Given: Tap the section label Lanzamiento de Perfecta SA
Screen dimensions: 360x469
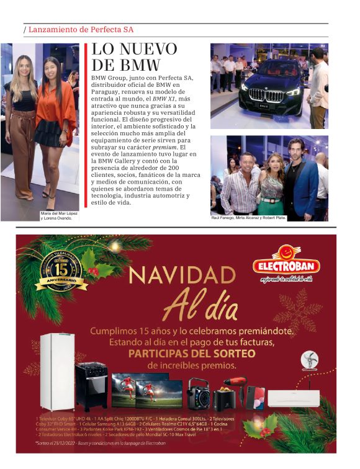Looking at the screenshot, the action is pos(81,29).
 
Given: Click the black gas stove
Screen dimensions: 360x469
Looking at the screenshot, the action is pos(91,386).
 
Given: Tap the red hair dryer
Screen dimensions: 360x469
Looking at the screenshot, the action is pos(236,385).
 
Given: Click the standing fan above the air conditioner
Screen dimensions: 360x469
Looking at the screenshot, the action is pos(308,361).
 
